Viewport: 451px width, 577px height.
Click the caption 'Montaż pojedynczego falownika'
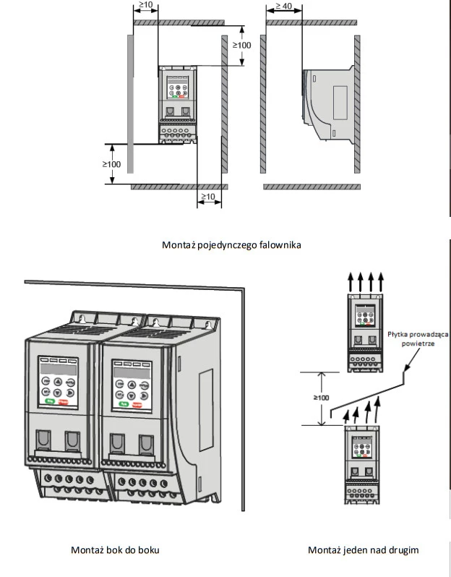click(x=231, y=244)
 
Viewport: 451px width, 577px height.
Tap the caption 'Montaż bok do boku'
click(x=115, y=550)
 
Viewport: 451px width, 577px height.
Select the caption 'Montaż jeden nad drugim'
click(x=363, y=550)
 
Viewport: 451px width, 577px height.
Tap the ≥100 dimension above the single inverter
click(x=241, y=45)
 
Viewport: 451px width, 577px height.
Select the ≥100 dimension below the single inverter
click(x=111, y=164)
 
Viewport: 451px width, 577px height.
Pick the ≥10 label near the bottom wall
click(x=207, y=197)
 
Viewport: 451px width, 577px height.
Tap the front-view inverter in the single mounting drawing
click(x=179, y=106)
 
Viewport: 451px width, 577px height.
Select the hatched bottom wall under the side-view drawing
click(x=311, y=187)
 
